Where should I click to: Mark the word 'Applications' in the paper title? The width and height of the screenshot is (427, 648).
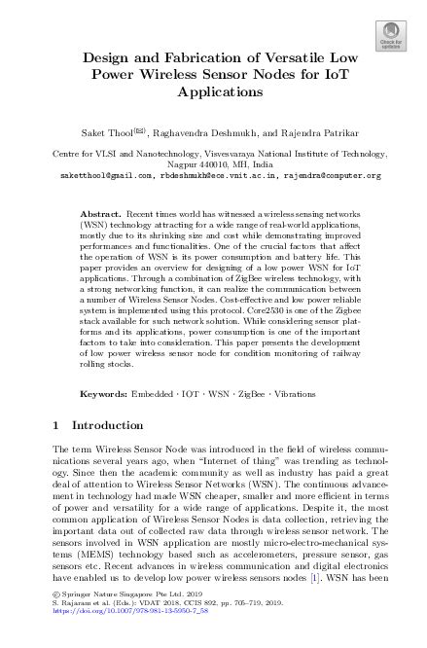213,93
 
